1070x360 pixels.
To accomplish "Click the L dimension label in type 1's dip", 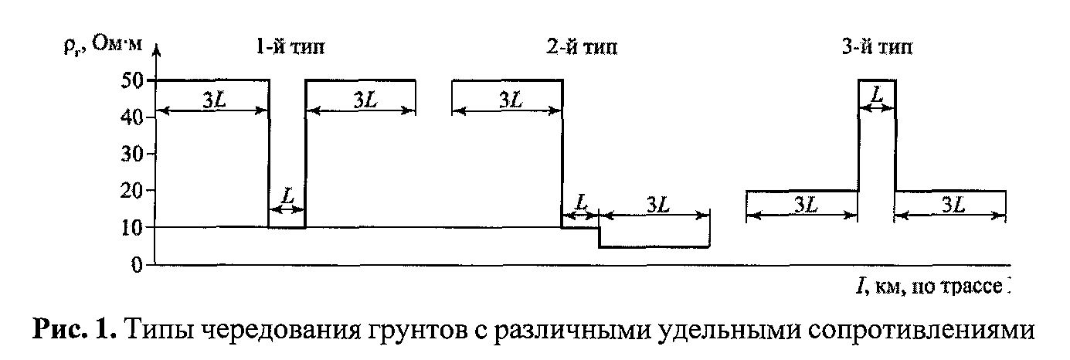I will coord(287,198).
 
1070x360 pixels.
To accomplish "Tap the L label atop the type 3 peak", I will coord(877,94).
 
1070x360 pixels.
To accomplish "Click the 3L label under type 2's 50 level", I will coord(508,99).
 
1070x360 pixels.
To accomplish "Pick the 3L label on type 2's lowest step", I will coord(656,204).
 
